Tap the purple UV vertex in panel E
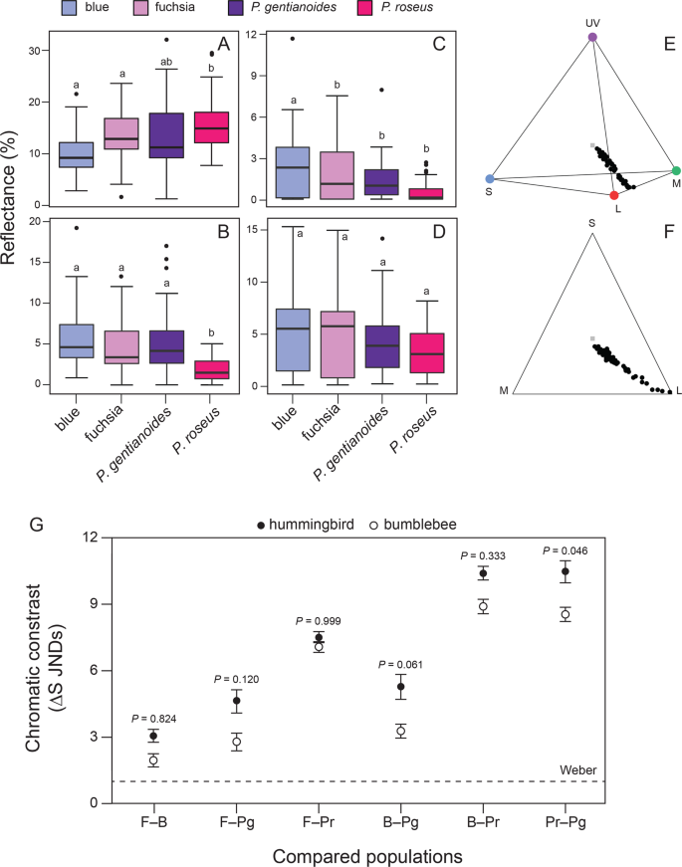tap(592, 37)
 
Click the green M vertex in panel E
tap(676, 171)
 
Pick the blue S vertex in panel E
tap(490, 179)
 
